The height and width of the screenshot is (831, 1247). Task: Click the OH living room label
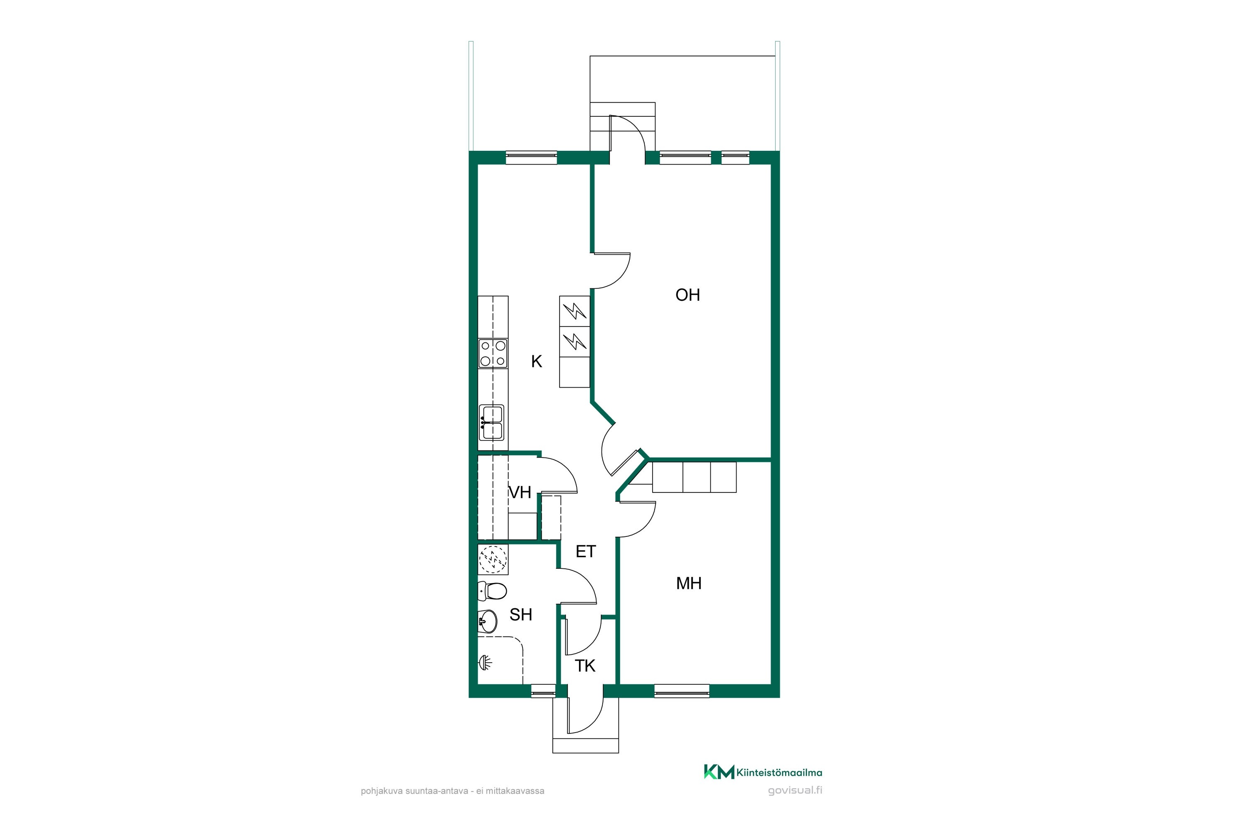[x=688, y=295]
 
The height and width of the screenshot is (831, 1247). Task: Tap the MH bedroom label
[x=689, y=583]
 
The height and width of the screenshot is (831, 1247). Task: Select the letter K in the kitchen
[x=537, y=361]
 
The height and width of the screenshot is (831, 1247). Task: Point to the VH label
[x=520, y=492]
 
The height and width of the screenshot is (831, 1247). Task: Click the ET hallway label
[x=585, y=552]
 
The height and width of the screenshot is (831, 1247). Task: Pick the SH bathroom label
[x=521, y=615]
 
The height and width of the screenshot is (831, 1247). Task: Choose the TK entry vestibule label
[x=585, y=666]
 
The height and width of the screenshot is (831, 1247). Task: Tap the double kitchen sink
[x=491, y=423]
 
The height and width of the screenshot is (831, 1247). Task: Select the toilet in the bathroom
[x=492, y=590]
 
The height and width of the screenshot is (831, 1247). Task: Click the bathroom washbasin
[x=487, y=621]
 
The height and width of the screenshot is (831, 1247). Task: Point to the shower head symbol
[x=485, y=662]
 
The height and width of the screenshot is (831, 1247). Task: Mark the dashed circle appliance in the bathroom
[x=493, y=559]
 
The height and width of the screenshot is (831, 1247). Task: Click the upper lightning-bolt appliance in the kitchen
[x=575, y=310]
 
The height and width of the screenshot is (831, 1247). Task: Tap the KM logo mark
[x=719, y=772]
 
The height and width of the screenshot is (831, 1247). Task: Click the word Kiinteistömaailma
[x=779, y=773]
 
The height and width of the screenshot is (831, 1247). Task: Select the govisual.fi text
[x=795, y=791]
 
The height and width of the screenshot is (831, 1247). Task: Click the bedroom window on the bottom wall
[x=681, y=691]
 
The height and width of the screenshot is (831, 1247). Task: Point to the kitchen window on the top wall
[x=531, y=157]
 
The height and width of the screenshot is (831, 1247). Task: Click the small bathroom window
[x=543, y=691]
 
